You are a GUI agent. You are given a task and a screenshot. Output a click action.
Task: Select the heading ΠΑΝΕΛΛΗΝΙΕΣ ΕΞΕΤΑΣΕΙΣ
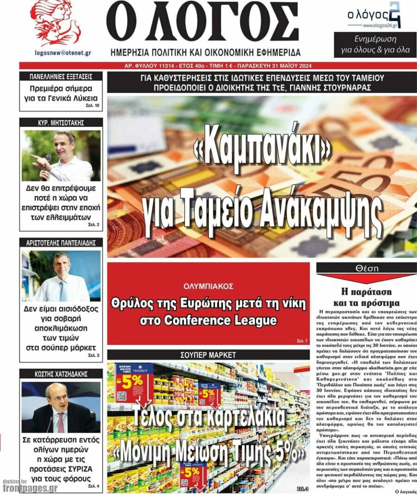coord(61,76)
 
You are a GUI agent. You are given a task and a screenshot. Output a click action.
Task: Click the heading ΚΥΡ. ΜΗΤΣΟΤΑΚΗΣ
coord(61,123)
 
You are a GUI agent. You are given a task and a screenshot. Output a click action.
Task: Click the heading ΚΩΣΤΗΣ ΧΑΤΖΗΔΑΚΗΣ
coord(61,374)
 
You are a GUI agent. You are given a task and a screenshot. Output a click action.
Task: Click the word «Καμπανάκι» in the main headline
coord(262,151)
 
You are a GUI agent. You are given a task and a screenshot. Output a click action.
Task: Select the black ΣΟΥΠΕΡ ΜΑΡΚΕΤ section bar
coord(208,355)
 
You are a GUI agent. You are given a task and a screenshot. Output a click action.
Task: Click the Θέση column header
coord(366,268)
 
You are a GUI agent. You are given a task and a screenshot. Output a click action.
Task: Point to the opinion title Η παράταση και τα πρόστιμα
coord(366,297)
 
